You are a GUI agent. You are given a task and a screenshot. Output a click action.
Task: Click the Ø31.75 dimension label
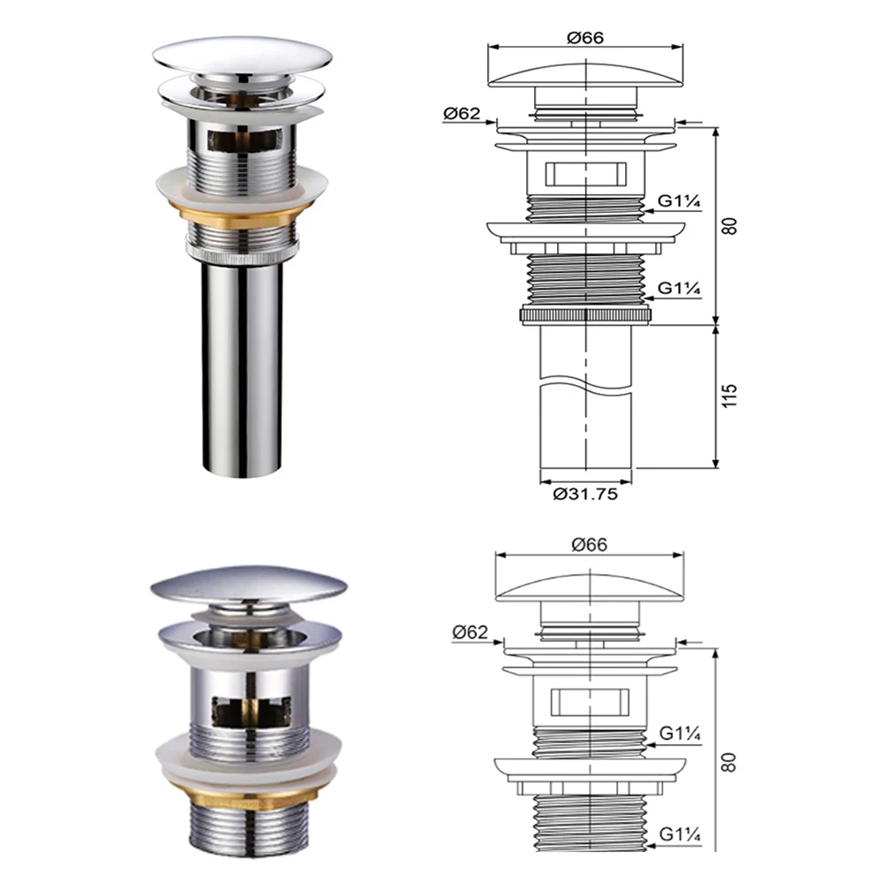(x=585, y=494)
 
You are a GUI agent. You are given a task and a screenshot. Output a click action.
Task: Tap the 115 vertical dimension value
(x=729, y=396)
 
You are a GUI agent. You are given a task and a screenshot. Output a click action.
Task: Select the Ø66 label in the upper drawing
(x=585, y=38)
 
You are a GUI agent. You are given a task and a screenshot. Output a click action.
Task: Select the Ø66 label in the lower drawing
(x=590, y=545)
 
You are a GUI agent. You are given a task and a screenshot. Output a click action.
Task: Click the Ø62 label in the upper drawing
(x=462, y=114)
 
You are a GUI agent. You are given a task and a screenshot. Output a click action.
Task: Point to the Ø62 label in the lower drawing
(x=471, y=632)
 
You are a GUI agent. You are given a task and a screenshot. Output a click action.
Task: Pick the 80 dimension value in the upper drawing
(x=729, y=226)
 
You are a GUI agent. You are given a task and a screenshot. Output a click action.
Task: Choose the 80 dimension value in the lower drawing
(x=729, y=763)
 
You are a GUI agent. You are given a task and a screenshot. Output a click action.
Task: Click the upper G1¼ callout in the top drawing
(x=679, y=200)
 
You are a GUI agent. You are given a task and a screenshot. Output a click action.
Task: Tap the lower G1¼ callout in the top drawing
(x=679, y=288)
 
